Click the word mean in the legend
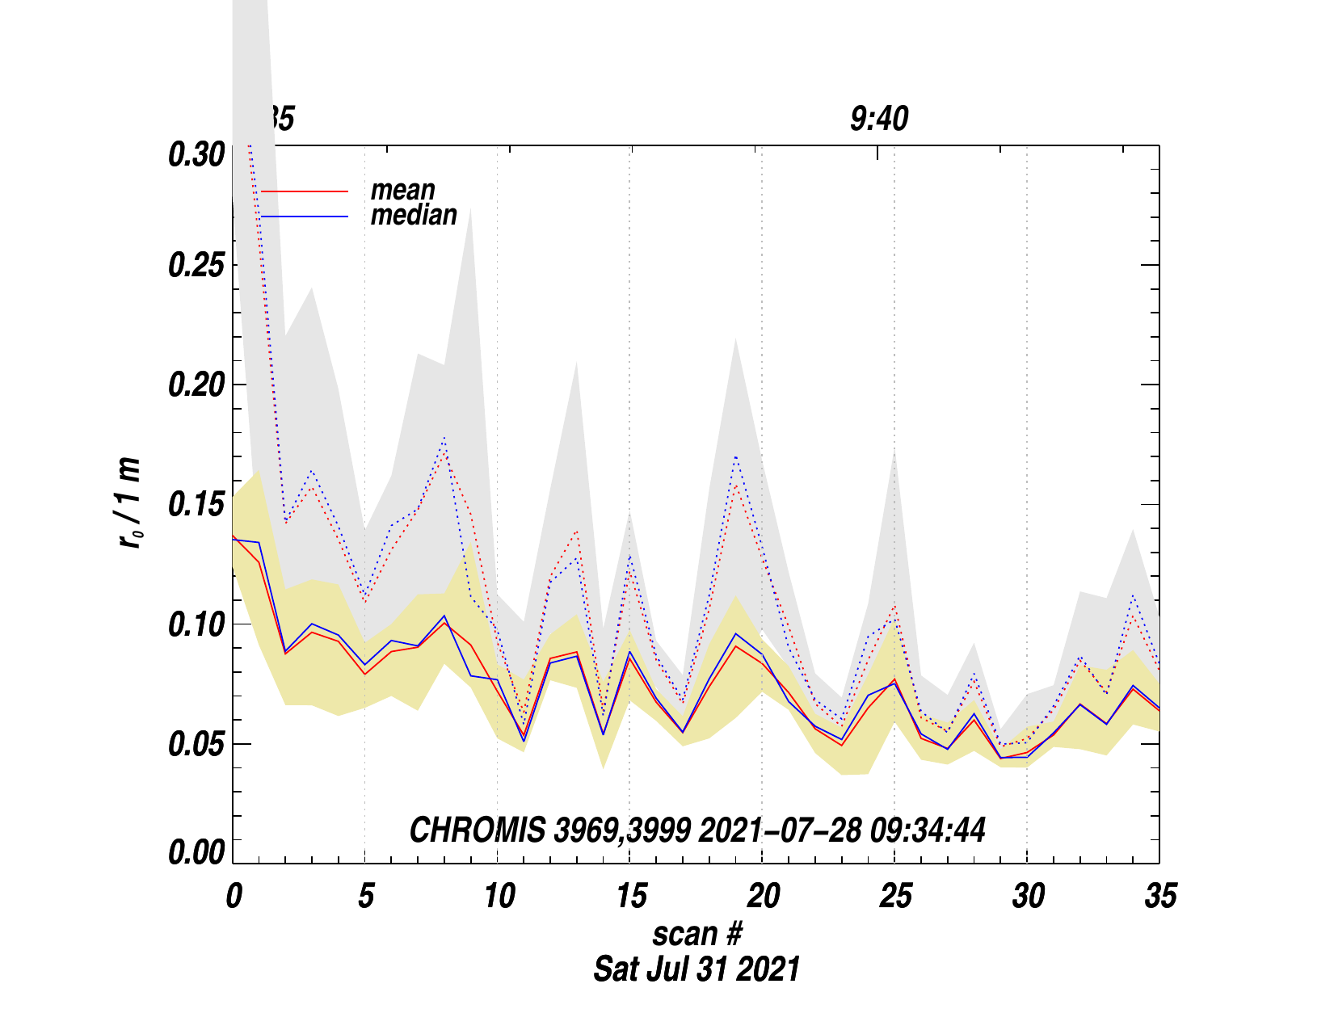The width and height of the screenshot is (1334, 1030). coord(402,191)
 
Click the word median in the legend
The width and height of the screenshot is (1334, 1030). coord(414,215)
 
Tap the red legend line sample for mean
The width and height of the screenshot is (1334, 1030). coord(305,191)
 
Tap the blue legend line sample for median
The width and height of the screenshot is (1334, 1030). coord(305,217)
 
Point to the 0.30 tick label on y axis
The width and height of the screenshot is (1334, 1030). coord(196,154)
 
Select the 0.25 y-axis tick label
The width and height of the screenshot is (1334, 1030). coord(196,266)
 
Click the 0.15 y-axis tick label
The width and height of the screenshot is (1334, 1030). coord(196,505)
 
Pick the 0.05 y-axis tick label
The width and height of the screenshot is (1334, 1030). coord(196,744)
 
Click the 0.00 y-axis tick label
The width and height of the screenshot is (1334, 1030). coord(196,853)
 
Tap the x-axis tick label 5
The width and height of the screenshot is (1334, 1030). coord(365,896)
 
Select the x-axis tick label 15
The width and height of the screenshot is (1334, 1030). coord(630,896)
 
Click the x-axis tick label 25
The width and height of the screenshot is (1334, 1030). coord(895,896)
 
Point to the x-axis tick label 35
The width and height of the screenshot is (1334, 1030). coord(1160,896)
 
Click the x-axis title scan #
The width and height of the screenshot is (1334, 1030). coord(696,934)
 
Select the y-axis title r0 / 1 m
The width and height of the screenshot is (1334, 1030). coord(129,503)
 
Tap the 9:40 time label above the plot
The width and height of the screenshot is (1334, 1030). coord(878,120)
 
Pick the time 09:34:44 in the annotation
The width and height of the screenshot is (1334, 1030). coord(928,830)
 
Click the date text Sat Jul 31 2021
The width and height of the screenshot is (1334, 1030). coord(696,969)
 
